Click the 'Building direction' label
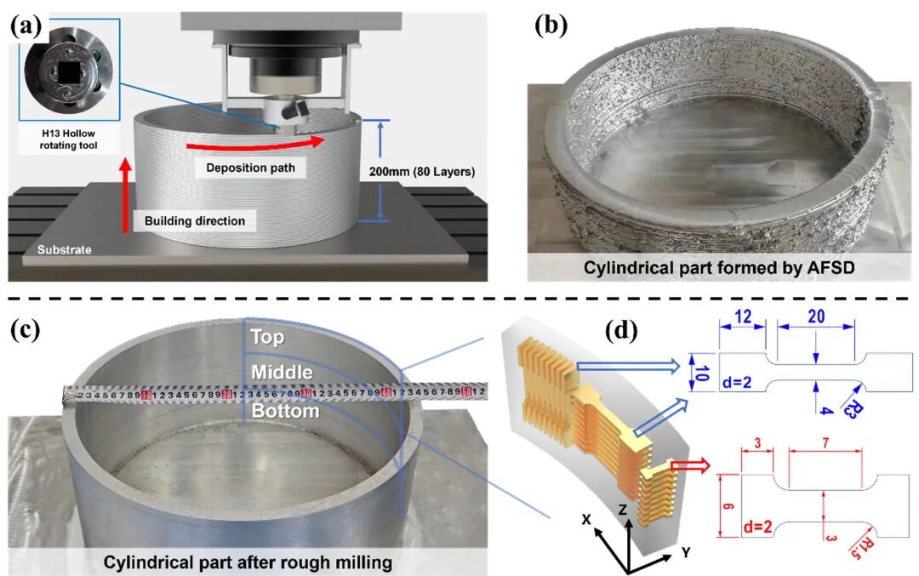194,220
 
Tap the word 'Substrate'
59,249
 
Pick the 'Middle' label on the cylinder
282,373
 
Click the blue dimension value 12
742,316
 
